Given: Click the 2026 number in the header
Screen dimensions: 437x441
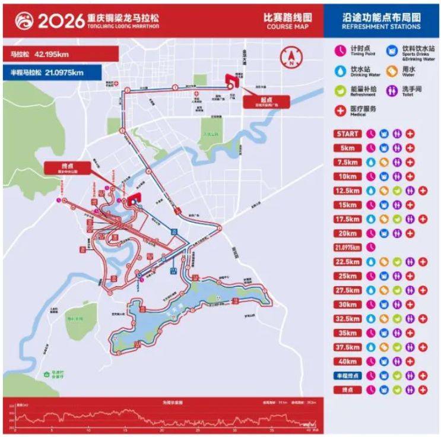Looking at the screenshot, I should [58, 21].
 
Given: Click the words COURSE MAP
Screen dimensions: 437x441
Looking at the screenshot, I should [284, 27].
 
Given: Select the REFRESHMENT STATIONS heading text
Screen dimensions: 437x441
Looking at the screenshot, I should [382, 27].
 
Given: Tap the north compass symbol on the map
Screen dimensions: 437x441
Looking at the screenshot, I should [292, 58].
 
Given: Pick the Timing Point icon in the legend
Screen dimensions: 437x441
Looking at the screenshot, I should [341, 50].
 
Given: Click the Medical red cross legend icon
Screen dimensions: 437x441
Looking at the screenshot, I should [341, 110].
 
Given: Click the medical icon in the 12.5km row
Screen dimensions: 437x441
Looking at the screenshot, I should [423, 191].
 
